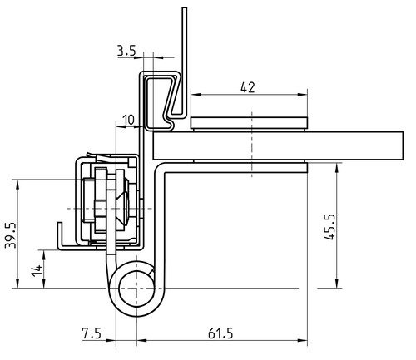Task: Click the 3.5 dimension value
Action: pos(126,51)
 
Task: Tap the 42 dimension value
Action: pos(248,88)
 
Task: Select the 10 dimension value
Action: pos(128,120)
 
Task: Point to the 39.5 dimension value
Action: pos(11,234)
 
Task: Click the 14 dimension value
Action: pos(37,270)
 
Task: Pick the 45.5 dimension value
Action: pos(329,227)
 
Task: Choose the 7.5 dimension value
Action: pos(92,333)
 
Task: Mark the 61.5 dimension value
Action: pos(220,333)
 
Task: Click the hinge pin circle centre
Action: pos(136,289)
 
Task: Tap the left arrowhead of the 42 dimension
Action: pos(196,95)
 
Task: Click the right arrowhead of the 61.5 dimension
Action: pos(303,340)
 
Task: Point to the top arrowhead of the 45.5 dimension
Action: pos(336,167)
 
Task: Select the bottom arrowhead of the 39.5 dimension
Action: pos(17,284)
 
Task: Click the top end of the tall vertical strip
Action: pos(185,7)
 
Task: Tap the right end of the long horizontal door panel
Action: pos(403,145)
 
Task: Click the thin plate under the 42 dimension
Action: pos(249,123)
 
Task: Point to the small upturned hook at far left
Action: pos(60,234)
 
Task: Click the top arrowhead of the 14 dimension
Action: pos(44,254)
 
